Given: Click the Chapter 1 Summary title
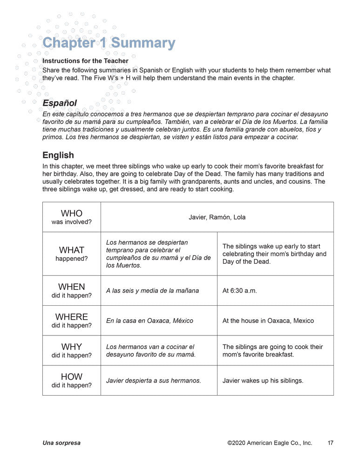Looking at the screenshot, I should (x=109, y=43).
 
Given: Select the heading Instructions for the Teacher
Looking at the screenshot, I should (x=85, y=61).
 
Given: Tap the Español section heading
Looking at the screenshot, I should (x=60, y=103).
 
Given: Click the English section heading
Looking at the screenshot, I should (x=58, y=155).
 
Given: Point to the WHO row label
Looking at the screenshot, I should (x=71, y=217).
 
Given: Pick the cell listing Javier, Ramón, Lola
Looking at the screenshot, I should (x=217, y=217).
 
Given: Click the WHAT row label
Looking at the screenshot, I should (x=71, y=254).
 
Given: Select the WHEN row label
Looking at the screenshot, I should (x=71, y=290).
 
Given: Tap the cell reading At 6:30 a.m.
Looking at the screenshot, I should (x=240, y=290).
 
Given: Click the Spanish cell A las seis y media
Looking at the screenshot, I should (x=152, y=290).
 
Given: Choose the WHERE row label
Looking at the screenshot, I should (x=71, y=320).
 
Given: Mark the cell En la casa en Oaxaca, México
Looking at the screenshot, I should (x=149, y=321).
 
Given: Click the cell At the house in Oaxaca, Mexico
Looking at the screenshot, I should (x=268, y=321).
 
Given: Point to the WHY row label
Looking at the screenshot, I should (x=71, y=350).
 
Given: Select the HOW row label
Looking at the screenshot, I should (x=71, y=380).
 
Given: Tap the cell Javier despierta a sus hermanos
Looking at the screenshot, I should (x=154, y=381).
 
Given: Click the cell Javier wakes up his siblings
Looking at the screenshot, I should (x=263, y=381).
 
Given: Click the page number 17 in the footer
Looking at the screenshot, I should (x=330, y=443).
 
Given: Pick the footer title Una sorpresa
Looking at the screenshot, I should (x=61, y=443).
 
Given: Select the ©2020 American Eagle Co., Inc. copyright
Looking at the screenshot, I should (x=270, y=443).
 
